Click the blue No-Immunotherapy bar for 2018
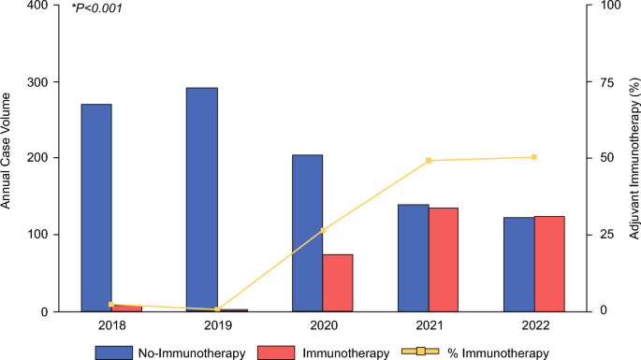tap(96, 208)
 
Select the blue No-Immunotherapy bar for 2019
tap(202, 199)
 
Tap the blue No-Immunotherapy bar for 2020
tap(308, 233)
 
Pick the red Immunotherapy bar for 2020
tap(338, 282)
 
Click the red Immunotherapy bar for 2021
tap(444, 259)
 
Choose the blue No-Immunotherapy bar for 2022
tap(519, 265)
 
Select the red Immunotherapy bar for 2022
tap(549, 264)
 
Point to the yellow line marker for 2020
tap(323, 230)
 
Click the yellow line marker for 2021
tap(429, 161)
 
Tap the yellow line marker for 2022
tap(534, 157)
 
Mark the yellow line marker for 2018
tap(111, 305)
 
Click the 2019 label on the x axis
tap(217, 325)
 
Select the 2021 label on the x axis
tap(430, 325)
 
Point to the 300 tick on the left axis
tap(38, 82)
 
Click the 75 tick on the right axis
tap(606, 82)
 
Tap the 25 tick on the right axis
tap(606, 235)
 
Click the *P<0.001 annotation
tap(96, 7)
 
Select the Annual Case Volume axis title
tap(6, 151)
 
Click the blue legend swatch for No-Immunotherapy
tap(114, 353)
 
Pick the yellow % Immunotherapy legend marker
tap(421, 351)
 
